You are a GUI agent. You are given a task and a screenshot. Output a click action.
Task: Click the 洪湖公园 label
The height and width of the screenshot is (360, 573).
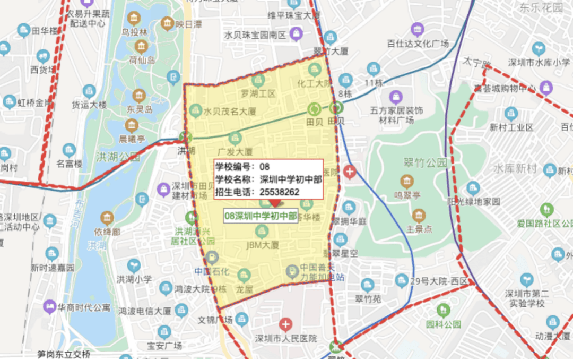click(118, 157)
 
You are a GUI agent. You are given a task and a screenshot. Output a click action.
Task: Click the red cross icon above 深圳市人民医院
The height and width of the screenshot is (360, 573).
click(286, 323)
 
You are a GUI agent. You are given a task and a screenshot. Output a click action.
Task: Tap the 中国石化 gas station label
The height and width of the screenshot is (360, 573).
click(212, 271)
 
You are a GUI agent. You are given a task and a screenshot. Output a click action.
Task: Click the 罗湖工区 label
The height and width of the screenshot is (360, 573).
click(258, 94)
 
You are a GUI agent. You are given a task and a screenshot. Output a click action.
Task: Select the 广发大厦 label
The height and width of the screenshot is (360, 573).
click(235, 151)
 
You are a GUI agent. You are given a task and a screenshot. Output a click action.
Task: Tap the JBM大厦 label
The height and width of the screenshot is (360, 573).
click(262, 245)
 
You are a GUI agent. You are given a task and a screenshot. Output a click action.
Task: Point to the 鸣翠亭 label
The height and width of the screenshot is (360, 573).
click(407, 195)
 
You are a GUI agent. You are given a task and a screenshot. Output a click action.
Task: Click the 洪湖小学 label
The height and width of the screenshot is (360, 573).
click(134, 279)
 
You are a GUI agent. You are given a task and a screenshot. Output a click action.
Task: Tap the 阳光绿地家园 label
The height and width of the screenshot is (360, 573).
click(473, 202)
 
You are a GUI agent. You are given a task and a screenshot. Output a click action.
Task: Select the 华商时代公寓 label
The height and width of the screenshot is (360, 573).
click(84, 307)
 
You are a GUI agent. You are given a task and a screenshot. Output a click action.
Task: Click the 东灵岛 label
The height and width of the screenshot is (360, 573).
click(140, 109)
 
